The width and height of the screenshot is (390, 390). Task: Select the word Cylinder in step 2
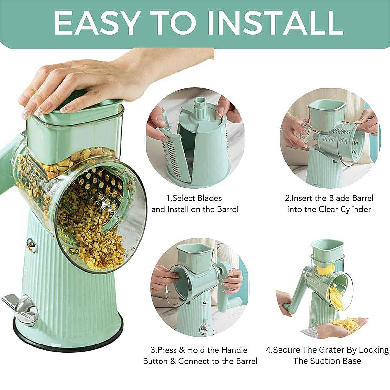(x=355, y=209)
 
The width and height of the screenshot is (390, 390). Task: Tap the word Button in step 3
(x=156, y=361)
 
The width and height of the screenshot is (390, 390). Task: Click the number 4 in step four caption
(x=268, y=350)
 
